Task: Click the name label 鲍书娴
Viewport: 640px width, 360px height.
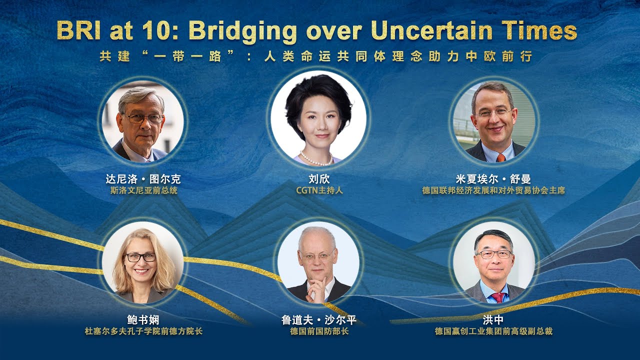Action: (143, 320)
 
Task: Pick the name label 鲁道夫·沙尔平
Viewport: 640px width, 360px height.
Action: (319, 320)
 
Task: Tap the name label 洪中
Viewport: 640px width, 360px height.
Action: (493, 320)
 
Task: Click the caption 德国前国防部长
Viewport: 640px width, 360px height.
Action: (319, 331)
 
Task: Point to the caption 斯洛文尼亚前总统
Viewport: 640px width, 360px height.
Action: (143, 190)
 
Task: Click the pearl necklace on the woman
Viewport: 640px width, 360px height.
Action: (316, 159)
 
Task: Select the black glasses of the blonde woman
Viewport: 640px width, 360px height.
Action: (140, 257)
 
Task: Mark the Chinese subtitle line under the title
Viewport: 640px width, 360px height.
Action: (315, 56)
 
